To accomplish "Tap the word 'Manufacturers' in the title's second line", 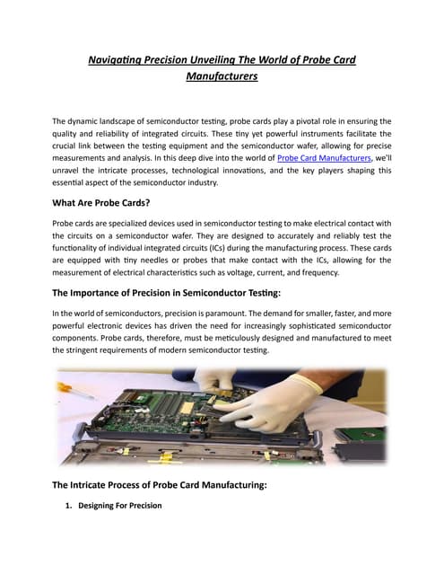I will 222,77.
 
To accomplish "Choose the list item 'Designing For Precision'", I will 120,506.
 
